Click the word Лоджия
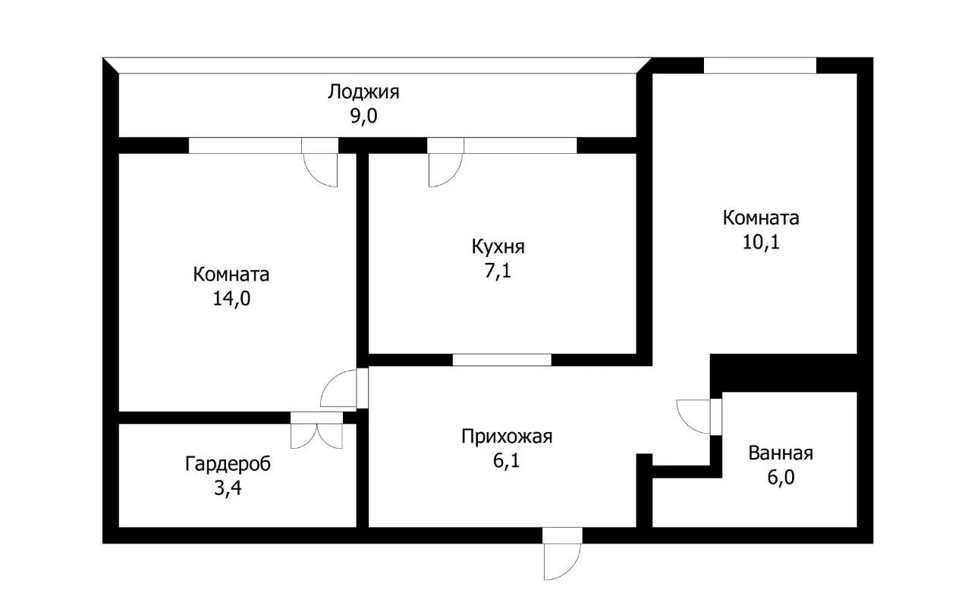(363, 92)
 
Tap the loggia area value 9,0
(363, 116)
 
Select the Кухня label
(498, 246)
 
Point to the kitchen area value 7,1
(498, 271)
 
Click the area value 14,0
(231, 298)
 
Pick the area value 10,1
(761, 243)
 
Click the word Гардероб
(228, 463)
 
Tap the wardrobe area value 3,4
(228, 487)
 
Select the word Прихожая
(507, 437)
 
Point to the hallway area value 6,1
(507, 460)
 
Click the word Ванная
(781, 453)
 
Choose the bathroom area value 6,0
(781, 478)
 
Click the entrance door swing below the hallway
(561, 557)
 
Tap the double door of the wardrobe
(316, 432)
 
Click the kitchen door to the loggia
(445, 167)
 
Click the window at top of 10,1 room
(759, 66)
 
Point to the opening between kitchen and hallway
(501, 360)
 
